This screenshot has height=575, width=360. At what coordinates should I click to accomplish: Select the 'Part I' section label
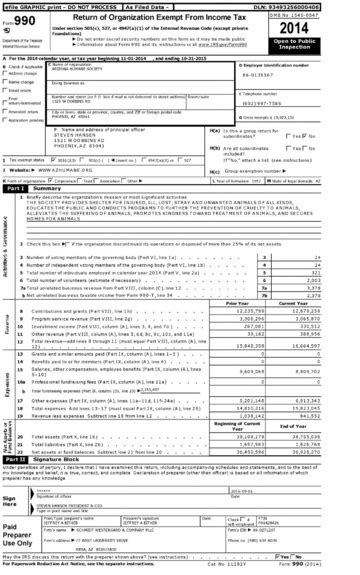(x=16, y=188)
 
